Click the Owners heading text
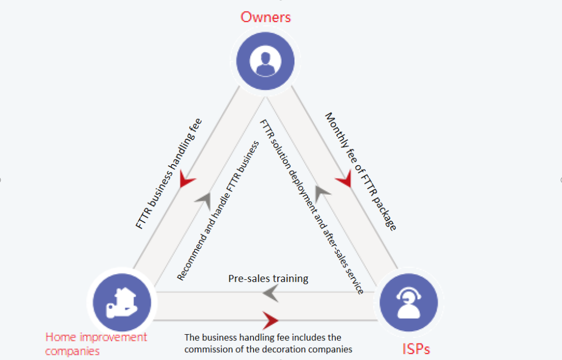click(x=266, y=16)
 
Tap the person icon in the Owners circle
click(x=265, y=62)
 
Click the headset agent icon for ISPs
click(x=408, y=303)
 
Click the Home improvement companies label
click(x=96, y=344)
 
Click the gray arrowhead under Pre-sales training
click(x=271, y=294)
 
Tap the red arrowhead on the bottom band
click(x=271, y=319)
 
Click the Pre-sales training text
click(x=268, y=279)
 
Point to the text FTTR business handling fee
click(x=169, y=173)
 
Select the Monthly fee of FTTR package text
click(x=361, y=171)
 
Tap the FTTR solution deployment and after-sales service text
click(x=312, y=206)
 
